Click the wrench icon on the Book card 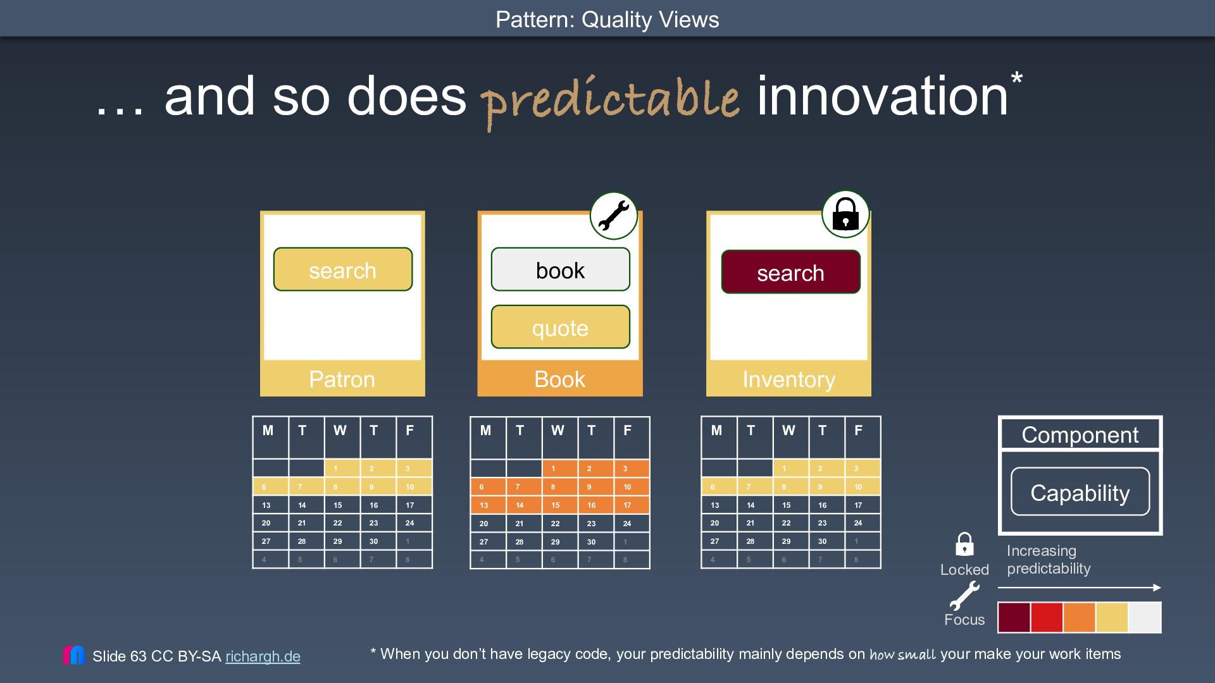[613, 216]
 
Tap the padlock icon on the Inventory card [845, 214]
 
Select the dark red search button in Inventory [790, 272]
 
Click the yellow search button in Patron [342, 269]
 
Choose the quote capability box [560, 327]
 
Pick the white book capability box [560, 269]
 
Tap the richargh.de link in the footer [263, 656]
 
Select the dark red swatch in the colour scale [1014, 617]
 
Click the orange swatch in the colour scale [1079, 617]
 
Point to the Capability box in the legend [1080, 492]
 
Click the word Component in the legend [1080, 435]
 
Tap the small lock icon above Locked [964, 545]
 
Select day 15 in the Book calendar [555, 505]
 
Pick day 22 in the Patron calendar [338, 523]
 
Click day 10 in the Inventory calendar [858, 487]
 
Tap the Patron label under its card [342, 379]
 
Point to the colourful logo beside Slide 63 [73, 655]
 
